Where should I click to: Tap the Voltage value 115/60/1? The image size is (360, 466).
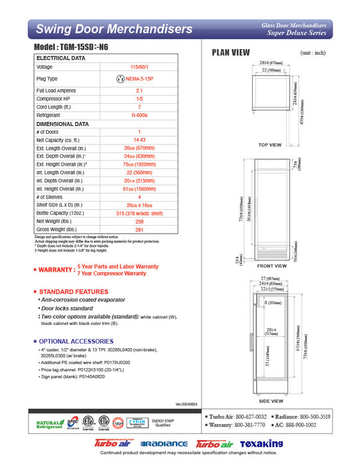coord(139,67)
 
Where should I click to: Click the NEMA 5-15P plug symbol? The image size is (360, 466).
coord(120,79)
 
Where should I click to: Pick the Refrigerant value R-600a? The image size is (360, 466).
coord(139,115)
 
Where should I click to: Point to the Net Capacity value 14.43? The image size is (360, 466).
coord(139,140)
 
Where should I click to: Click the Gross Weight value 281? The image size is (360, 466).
coord(139,230)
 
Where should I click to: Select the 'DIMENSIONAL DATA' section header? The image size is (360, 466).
coord(62,124)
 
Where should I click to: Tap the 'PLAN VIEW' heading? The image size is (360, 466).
coord(231,53)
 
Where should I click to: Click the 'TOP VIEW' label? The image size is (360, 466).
coord(270,144)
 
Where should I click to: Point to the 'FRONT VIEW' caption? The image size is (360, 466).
coord(271,266)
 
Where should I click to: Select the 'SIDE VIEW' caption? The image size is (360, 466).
coord(271,401)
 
